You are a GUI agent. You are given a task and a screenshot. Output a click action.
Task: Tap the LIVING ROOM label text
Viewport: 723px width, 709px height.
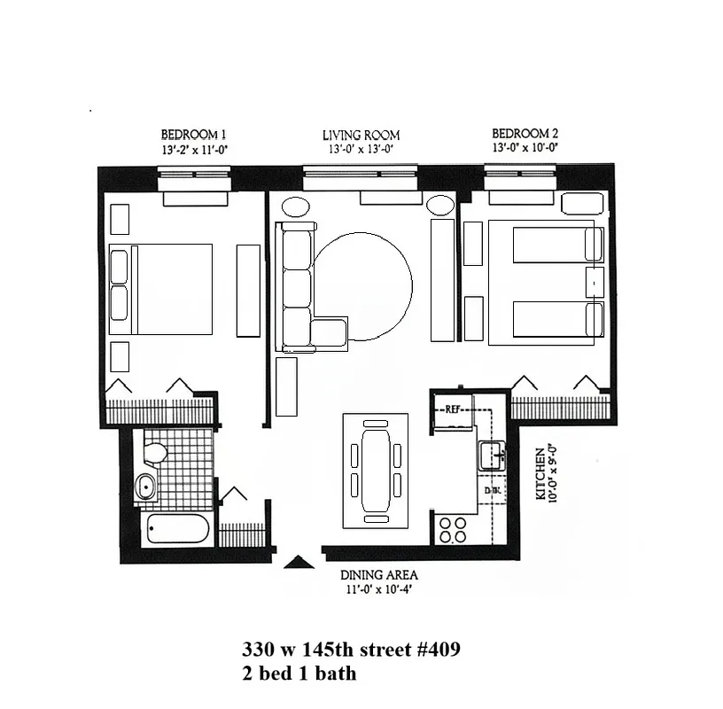point(361,136)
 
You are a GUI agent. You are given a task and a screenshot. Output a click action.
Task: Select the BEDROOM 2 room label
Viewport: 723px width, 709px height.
point(525,134)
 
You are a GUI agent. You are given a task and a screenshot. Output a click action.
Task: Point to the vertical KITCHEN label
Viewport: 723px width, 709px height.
point(540,474)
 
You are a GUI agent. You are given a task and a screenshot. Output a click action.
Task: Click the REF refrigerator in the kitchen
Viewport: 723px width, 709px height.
point(455,409)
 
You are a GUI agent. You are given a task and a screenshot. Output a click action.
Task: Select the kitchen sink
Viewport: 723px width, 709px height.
point(490,457)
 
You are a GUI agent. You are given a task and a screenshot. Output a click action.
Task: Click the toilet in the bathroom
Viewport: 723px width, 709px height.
point(155,452)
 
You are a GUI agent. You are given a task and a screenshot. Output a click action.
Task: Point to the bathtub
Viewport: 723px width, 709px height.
point(177,531)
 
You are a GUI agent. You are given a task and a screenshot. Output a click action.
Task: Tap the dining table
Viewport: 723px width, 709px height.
point(376,465)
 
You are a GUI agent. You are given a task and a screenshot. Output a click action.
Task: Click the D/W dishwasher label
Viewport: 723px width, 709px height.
point(490,490)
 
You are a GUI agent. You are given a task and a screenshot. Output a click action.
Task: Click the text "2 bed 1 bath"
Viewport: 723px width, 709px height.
point(299,674)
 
